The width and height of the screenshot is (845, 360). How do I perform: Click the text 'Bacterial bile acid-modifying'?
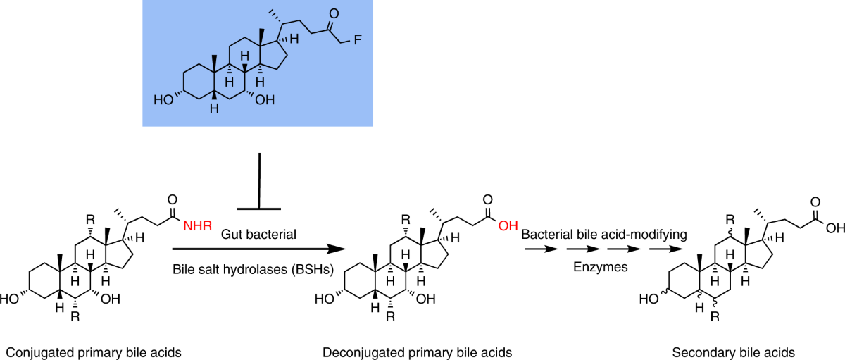pyautogui.click(x=603, y=232)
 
